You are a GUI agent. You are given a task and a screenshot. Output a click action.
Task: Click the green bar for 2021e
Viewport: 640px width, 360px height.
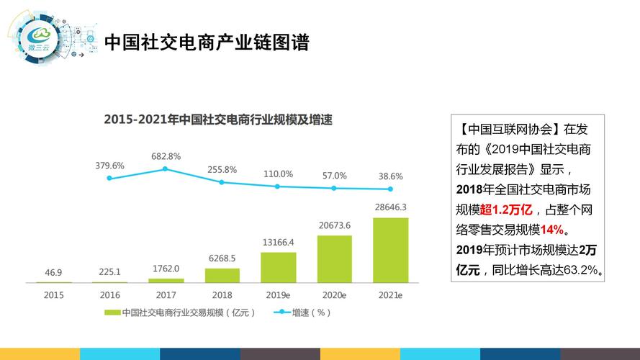(x=390, y=250)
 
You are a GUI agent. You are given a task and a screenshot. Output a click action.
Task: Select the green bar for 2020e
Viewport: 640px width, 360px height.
(x=334, y=258)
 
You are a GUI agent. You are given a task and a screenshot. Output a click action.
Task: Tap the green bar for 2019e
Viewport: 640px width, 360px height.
(x=278, y=267)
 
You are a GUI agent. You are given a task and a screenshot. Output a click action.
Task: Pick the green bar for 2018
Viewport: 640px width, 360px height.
(x=222, y=275)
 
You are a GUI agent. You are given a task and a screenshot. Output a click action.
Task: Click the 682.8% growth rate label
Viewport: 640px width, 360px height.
(x=166, y=156)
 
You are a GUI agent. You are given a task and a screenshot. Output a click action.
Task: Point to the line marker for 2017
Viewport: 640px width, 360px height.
(x=165, y=169)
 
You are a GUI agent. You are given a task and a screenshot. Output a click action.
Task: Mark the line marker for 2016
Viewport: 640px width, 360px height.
(x=109, y=178)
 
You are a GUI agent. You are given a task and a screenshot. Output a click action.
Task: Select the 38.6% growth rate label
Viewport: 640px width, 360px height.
(x=390, y=176)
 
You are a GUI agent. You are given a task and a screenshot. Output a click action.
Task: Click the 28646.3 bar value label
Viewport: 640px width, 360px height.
(x=390, y=207)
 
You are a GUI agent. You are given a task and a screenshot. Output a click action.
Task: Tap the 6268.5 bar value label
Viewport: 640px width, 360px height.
(x=222, y=258)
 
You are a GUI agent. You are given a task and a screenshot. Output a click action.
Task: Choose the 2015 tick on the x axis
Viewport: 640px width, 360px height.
(x=53, y=294)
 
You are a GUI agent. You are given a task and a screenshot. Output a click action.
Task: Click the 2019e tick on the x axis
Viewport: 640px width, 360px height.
(x=278, y=294)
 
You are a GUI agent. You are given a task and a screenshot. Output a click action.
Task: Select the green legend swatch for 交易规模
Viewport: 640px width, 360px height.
(x=112, y=312)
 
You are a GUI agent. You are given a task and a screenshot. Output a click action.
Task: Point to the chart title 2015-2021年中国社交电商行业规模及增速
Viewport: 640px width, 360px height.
(x=222, y=119)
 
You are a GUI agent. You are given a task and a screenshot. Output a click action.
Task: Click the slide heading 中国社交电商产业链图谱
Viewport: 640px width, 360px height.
(x=207, y=42)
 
